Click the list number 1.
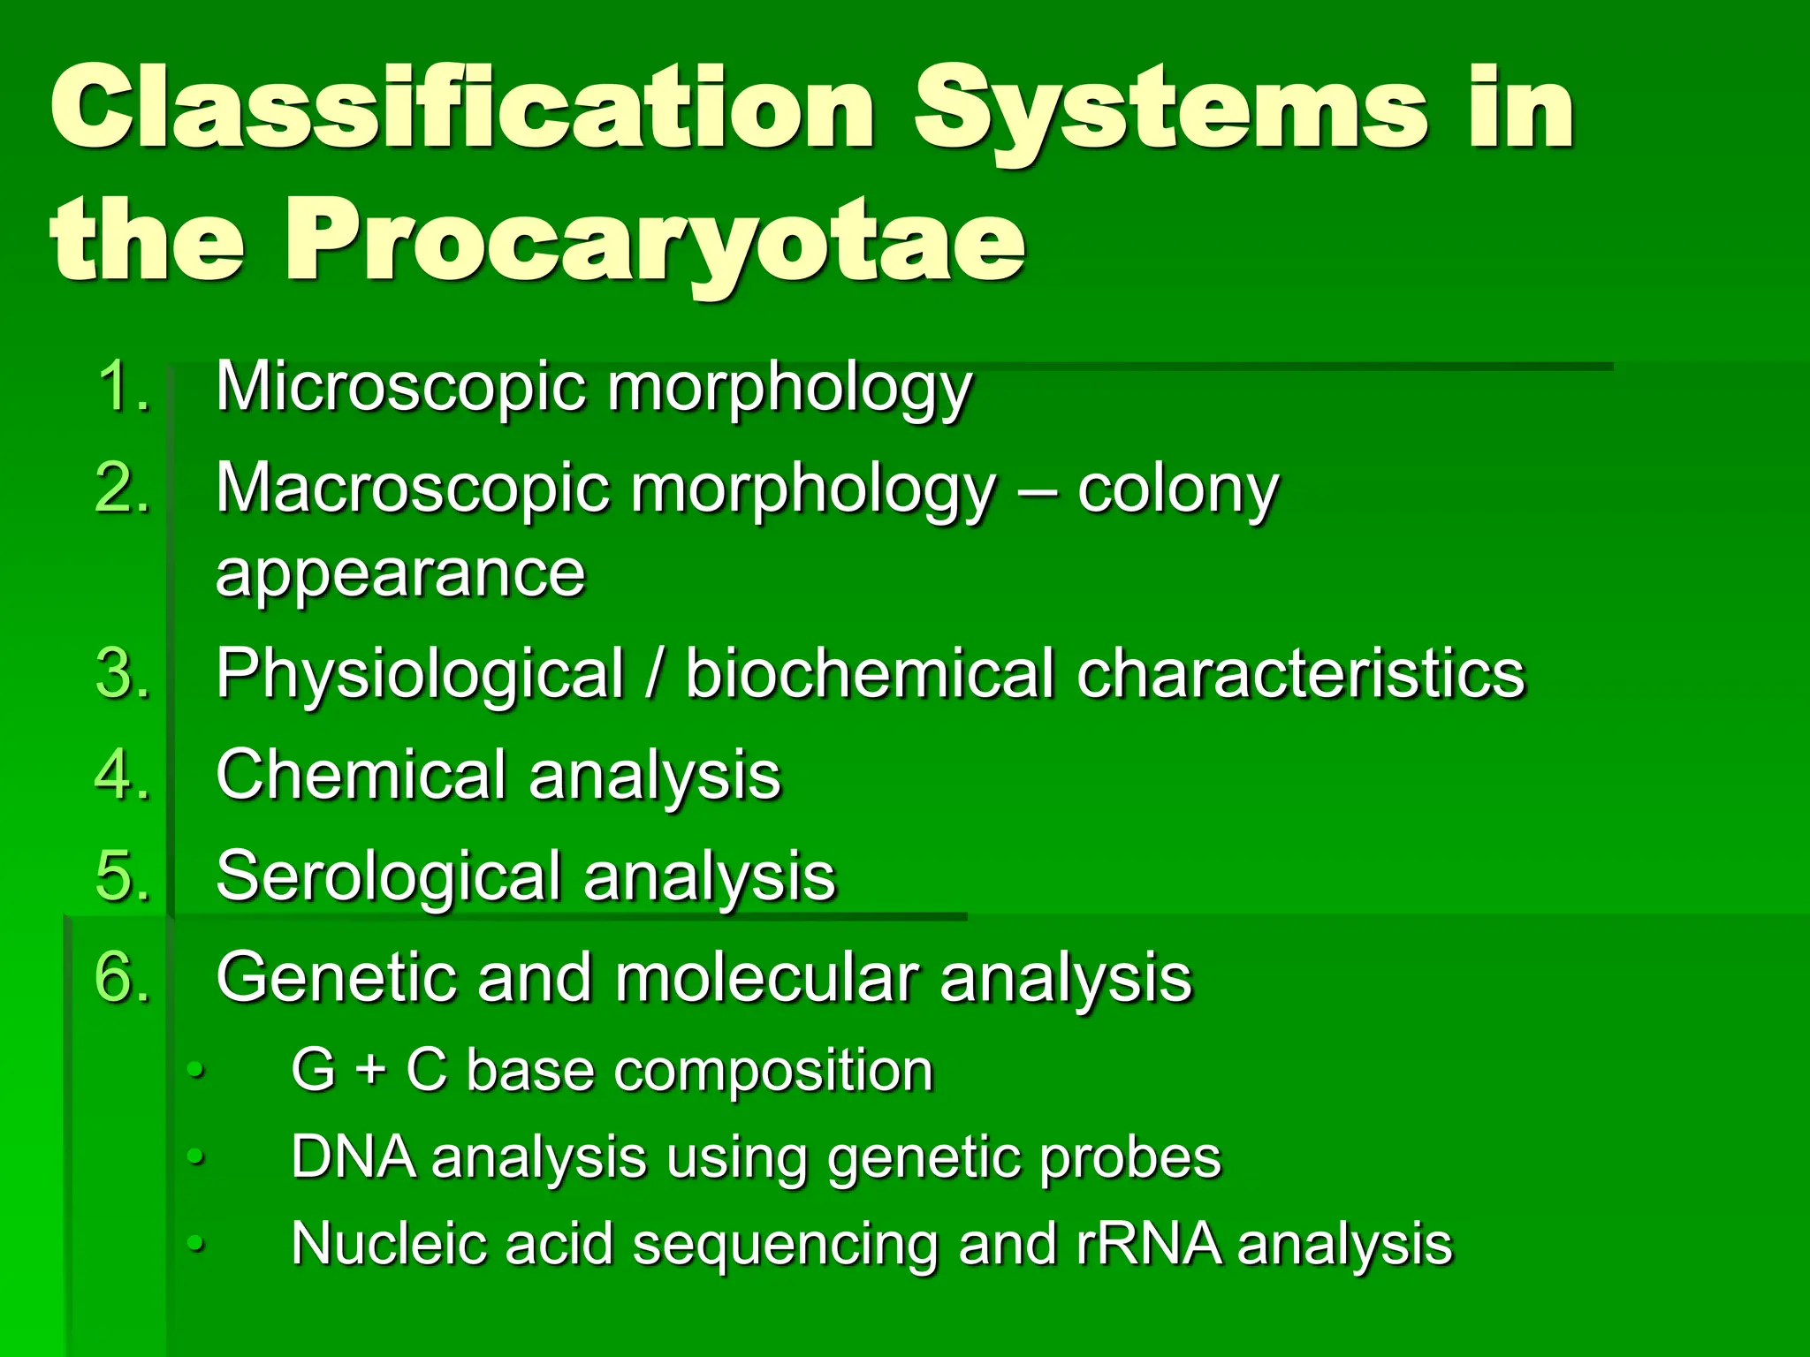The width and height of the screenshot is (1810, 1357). click(123, 386)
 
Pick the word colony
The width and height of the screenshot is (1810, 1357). click(1177, 489)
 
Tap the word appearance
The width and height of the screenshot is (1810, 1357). click(400, 573)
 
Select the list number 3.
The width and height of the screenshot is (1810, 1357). click(123, 674)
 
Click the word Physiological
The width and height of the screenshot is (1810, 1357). click(421, 674)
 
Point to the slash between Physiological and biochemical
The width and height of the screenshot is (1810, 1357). click(655, 674)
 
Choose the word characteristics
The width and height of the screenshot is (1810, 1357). click(1301, 674)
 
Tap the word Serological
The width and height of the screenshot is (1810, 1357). click(387, 876)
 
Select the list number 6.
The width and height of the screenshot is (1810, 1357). click(123, 978)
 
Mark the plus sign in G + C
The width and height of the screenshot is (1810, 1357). click(371, 1071)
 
